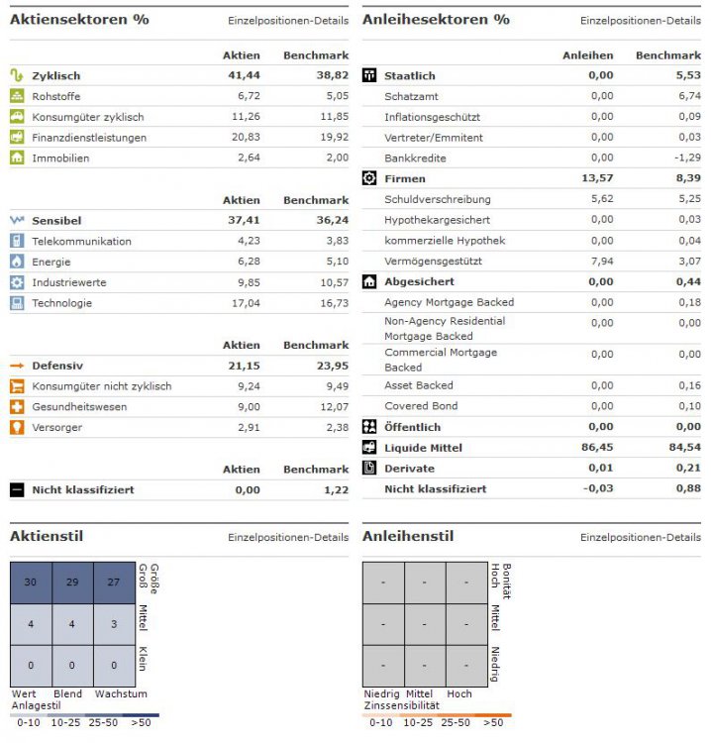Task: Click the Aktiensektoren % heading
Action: coord(79,20)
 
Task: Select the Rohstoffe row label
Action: coord(56,96)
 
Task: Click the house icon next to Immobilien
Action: coord(17,158)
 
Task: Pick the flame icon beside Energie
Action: coord(17,262)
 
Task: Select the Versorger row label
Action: coord(56,427)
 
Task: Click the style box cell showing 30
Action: coord(31,582)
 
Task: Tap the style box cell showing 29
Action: coord(73,582)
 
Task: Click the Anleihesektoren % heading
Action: coord(436,20)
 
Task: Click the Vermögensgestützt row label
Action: coord(435,262)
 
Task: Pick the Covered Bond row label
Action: coord(421,406)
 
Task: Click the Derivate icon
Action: coord(369,468)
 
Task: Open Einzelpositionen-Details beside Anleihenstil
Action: coord(640,537)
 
